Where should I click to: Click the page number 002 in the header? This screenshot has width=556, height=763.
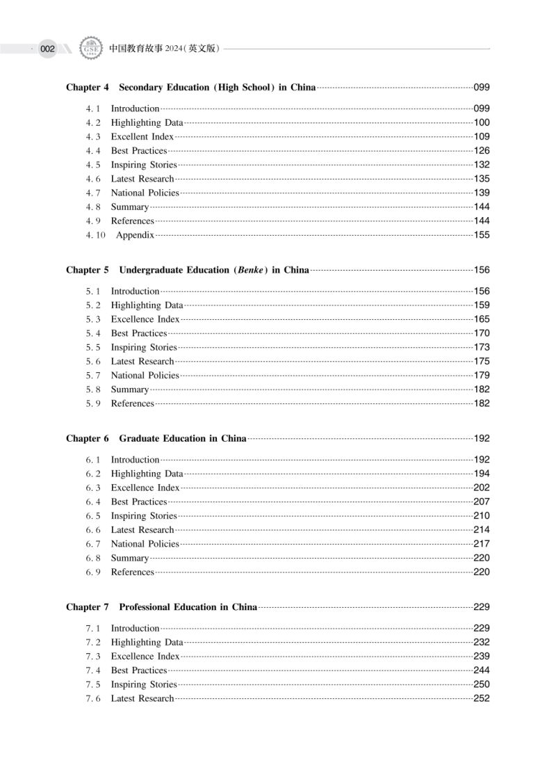point(47,49)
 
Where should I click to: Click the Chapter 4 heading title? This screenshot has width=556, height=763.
point(191,88)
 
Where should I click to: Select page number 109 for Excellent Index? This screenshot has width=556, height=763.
point(482,137)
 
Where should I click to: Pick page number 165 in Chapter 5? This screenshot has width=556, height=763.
point(482,319)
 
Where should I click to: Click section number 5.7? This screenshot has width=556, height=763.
point(94,376)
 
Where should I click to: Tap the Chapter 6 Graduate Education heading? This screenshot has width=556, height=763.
point(156,438)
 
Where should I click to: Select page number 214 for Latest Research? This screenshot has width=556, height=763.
point(482,530)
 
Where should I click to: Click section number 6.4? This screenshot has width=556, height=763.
point(94,501)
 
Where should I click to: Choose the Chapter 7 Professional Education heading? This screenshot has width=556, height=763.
point(162,607)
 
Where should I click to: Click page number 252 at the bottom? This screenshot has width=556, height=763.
point(482,698)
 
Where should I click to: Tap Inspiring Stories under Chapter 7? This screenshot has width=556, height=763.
point(144,684)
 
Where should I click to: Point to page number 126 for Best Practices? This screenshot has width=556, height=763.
point(482,151)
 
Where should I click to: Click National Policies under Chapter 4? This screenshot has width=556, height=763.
point(145,193)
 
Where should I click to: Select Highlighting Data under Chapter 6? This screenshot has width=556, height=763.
point(147,474)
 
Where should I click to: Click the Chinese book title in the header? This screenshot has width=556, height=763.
point(165,49)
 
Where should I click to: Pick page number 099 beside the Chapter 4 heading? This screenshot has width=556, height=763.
point(482,88)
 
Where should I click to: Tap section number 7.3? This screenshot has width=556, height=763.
point(94,656)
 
